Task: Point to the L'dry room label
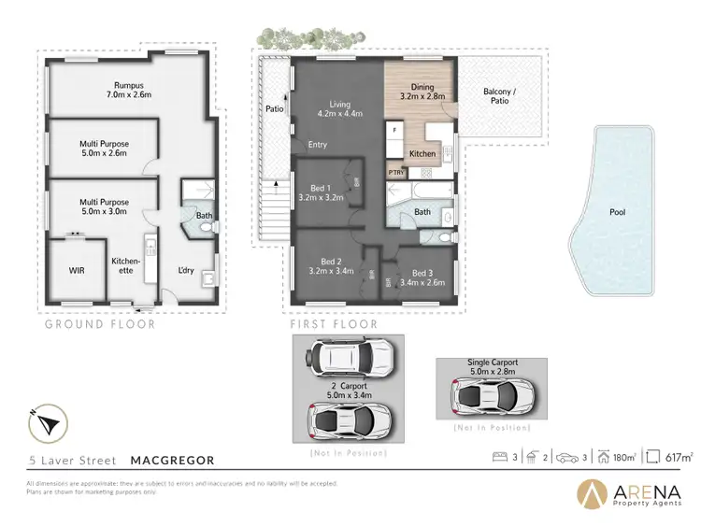click(x=185, y=271)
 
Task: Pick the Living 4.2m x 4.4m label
click(x=335, y=109)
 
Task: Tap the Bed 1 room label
click(x=320, y=192)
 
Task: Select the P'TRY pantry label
click(x=396, y=173)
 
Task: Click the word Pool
click(x=617, y=212)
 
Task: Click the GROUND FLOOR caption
click(x=100, y=324)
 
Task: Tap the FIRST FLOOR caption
click(x=335, y=324)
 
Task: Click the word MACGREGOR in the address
click(x=172, y=461)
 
